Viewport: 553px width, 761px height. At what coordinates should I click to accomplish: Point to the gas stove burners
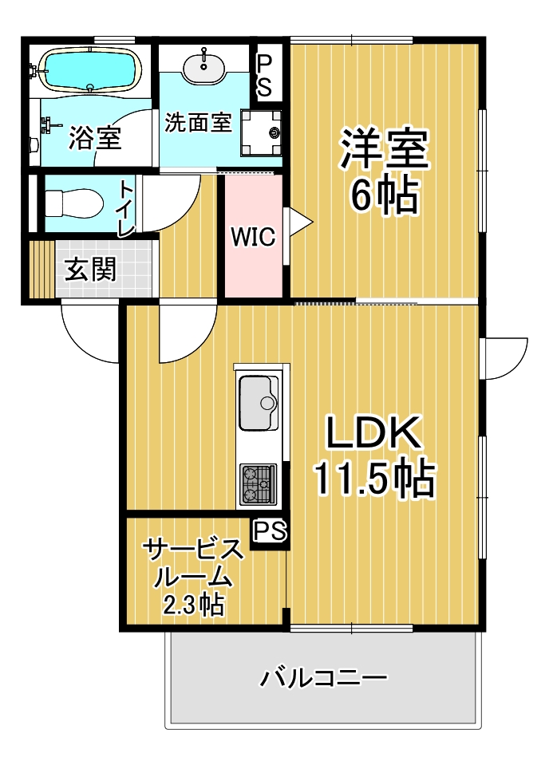coord(258,483)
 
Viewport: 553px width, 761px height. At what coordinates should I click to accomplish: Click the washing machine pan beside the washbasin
coord(263,130)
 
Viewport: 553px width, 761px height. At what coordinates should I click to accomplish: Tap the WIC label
coord(253,237)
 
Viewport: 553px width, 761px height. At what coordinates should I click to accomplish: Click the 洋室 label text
coord(385,149)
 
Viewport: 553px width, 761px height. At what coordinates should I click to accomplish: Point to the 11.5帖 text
coord(373,479)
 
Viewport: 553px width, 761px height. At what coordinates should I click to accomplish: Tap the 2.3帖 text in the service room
coord(194,605)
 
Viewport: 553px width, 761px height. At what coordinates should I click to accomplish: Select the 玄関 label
coord(91,269)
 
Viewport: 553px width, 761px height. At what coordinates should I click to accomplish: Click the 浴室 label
coord(95,138)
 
